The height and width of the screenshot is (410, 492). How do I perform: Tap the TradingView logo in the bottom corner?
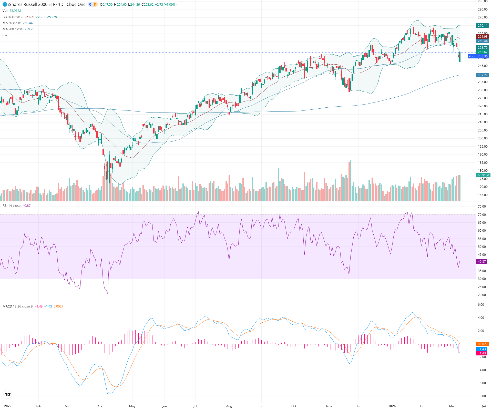tap(8, 394)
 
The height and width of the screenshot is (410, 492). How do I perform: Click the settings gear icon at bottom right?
tap(484, 406)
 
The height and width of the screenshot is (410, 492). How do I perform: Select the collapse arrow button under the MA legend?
tap(6, 36)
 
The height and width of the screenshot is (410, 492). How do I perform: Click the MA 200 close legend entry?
tap(13, 29)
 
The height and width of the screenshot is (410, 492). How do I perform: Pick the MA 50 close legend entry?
tap(12, 23)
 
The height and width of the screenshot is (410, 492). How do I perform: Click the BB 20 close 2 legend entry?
tap(13, 17)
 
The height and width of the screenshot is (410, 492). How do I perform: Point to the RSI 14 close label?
tap(12, 206)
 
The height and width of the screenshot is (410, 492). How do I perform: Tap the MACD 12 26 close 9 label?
tap(17, 306)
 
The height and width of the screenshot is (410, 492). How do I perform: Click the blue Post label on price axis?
tap(471, 56)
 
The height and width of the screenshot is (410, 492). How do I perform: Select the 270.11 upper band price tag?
tap(483, 26)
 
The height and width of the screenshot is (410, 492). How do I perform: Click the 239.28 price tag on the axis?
tap(483, 75)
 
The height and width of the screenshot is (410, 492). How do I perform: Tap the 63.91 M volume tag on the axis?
tap(483, 175)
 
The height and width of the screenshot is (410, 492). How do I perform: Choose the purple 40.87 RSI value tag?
tap(482, 262)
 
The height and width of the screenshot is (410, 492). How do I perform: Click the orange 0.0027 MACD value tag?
tap(483, 344)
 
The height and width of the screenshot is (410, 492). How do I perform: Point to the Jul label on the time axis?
tap(195, 406)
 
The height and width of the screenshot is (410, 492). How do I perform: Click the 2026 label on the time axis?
tap(392, 406)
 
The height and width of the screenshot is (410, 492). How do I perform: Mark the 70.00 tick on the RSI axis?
tap(482, 215)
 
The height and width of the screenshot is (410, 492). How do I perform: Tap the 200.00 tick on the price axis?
tap(483, 138)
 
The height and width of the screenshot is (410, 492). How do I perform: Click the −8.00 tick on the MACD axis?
tap(482, 396)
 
